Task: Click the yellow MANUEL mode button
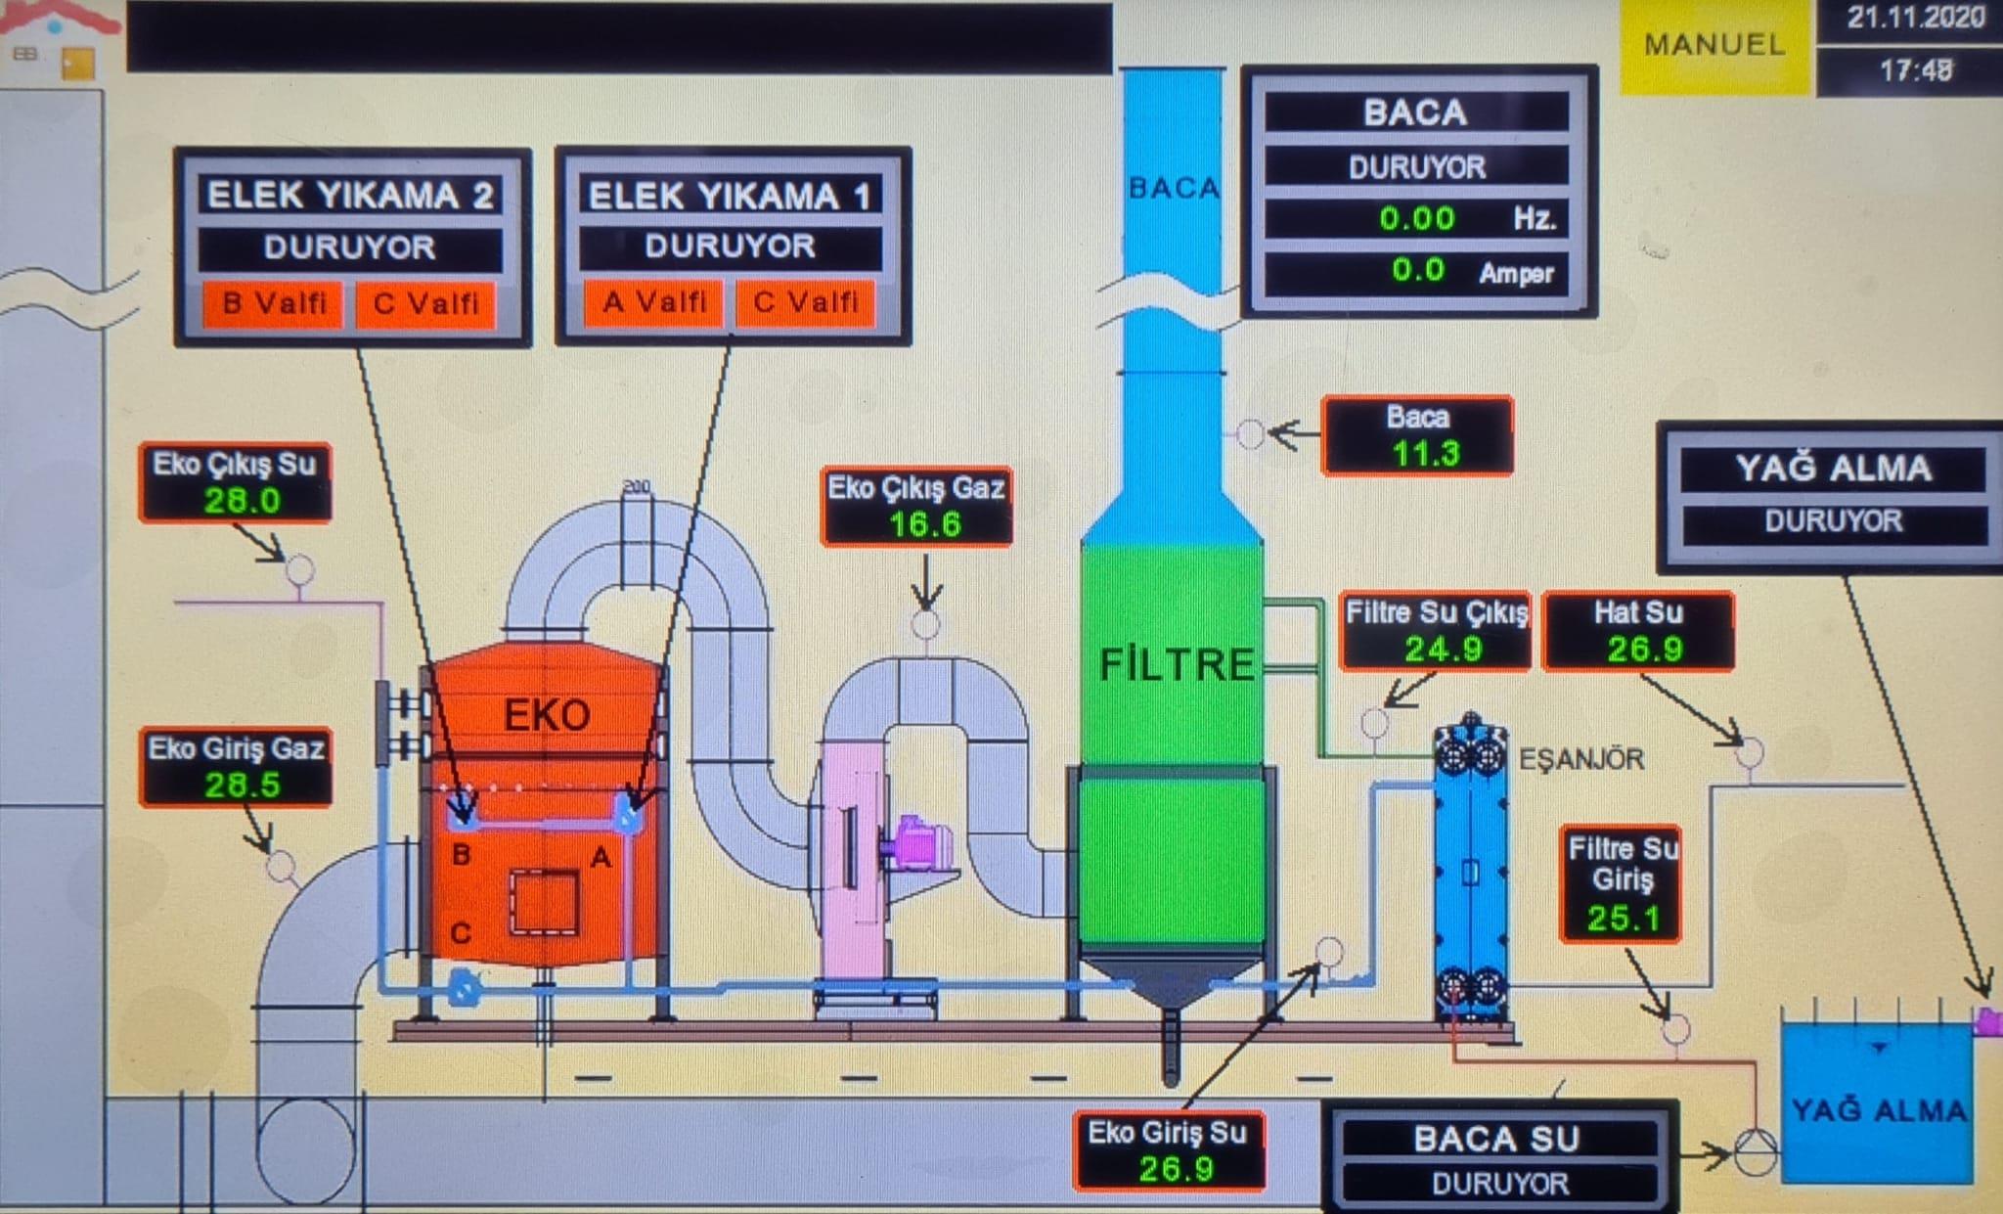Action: pyautogui.click(x=1715, y=46)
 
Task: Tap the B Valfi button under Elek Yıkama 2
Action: pyautogui.click(x=274, y=303)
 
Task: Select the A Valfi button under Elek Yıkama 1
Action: pyautogui.click(x=654, y=302)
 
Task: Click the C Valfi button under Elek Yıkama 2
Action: pyautogui.click(x=425, y=303)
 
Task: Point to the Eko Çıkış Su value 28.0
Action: pyautogui.click(x=242, y=501)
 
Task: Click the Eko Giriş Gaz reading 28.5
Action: pyautogui.click(x=242, y=785)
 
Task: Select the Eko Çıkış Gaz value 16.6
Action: pyautogui.click(x=924, y=524)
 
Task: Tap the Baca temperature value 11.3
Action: pyautogui.click(x=1425, y=453)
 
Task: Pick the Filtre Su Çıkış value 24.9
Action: pyautogui.click(x=1443, y=649)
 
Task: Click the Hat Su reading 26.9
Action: pyautogui.click(x=1645, y=649)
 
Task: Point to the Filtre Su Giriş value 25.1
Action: pyautogui.click(x=1624, y=918)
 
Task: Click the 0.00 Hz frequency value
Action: pyautogui.click(x=1417, y=218)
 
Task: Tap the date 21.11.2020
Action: pyautogui.click(x=1916, y=19)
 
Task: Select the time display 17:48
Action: pyautogui.click(x=1916, y=70)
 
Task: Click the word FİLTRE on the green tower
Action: pyautogui.click(x=1177, y=665)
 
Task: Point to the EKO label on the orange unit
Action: pyautogui.click(x=547, y=715)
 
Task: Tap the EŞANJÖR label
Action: pyautogui.click(x=1581, y=759)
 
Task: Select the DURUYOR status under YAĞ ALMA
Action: pyautogui.click(x=1834, y=521)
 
